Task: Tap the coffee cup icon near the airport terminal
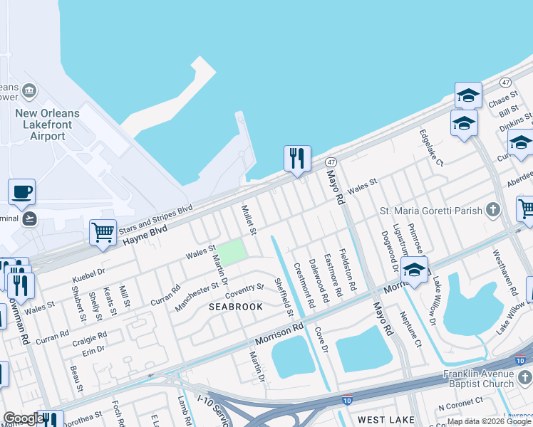[21, 191]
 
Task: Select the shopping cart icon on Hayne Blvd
[103, 232]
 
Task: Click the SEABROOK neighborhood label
[236, 307]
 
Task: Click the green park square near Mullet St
[231, 251]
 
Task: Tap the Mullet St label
[248, 220]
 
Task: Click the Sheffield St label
[284, 299]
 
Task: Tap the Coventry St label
[244, 292]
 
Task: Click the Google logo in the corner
[24, 418]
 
